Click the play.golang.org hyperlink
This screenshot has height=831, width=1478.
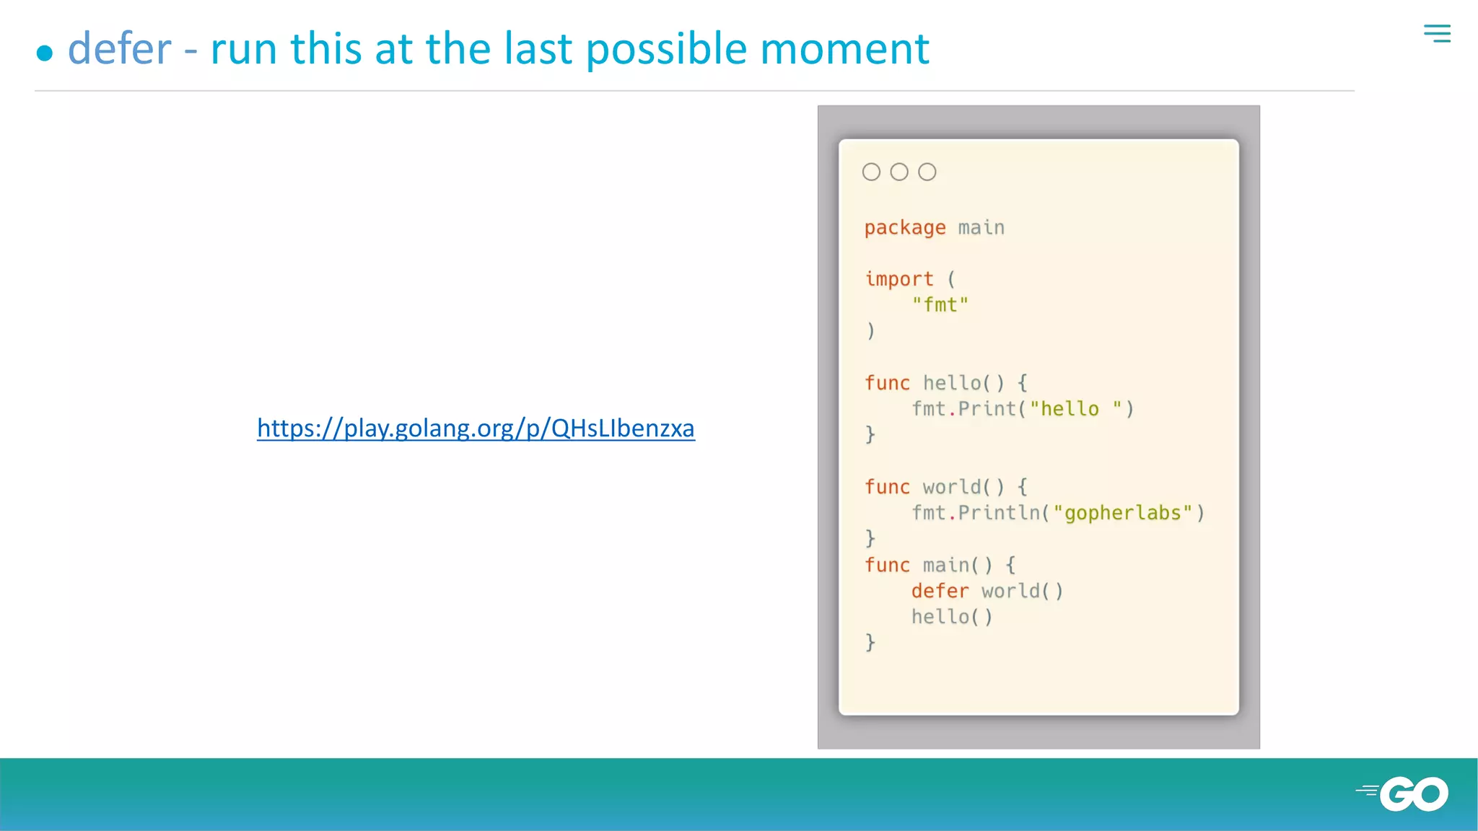[476, 428]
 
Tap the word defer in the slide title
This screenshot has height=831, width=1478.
[120, 49]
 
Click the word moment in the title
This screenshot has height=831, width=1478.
[844, 49]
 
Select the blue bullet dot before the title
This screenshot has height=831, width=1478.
[45, 53]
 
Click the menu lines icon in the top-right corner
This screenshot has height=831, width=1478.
[1437, 33]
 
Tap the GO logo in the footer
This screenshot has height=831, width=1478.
[1404, 793]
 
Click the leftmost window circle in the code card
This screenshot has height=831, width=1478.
[871, 172]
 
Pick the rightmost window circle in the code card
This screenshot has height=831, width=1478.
[927, 172]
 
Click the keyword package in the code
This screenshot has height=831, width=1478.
[905, 228]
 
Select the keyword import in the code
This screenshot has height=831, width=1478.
[899, 279]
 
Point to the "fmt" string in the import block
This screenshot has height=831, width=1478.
[940, 305]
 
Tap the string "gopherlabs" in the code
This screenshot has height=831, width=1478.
[1122, 513]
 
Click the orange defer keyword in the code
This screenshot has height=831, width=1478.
[940, 591]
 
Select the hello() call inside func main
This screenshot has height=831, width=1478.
[952, 617]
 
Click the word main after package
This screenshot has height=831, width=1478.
[981, 228]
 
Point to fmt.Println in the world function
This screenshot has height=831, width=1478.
[976, 513]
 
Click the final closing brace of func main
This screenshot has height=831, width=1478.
[870, 642]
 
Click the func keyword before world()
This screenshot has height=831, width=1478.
[887, 487]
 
